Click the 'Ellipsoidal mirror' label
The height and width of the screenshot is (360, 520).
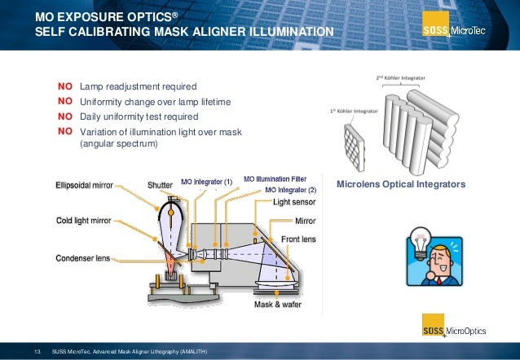pyautogui.click(x=84, y=185)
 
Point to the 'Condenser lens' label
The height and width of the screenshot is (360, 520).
pyautogui.click(x=82, y=258)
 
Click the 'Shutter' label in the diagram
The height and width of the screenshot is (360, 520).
pyautogui.click(x=160, y=185)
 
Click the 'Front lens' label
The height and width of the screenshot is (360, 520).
pyautogui.click(x=298, y=239)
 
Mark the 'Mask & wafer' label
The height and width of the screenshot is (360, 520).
pyautogui.click(x=276, y=305)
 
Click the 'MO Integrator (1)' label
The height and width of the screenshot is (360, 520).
pyautogui.click(x=207, y=181)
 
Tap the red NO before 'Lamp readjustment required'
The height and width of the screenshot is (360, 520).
pyautogui.click(x=65, y=86)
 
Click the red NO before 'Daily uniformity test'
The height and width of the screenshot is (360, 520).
pyautogui.click(x=65, y=116)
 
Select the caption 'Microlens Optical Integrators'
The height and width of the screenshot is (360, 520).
pyautogui.click(x=401, y=186)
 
